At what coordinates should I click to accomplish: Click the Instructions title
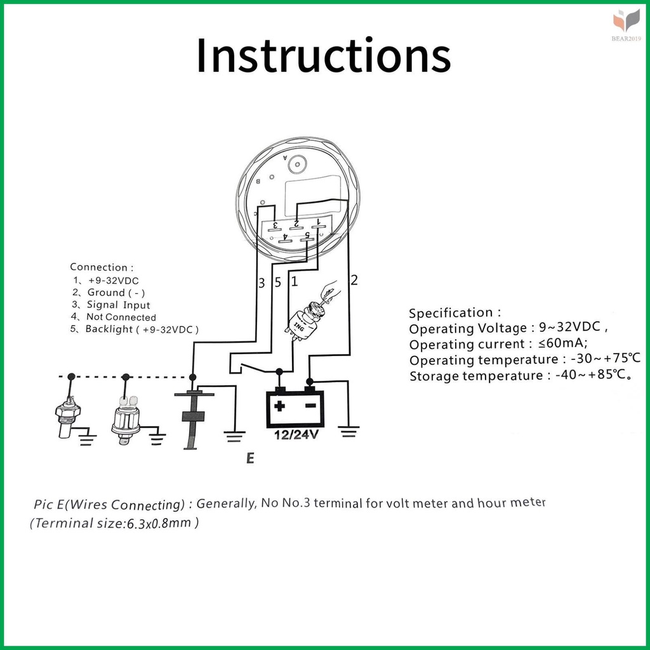click(323, 55)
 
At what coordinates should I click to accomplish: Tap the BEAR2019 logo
click(627, 25)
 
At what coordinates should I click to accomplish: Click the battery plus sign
click(280, 406)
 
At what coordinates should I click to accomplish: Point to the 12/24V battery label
click(296, 434)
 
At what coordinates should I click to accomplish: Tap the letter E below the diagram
click(250, 458)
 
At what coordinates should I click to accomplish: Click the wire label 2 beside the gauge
click(354, 280)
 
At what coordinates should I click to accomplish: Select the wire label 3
click(261, 283)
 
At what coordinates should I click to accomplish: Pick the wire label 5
click(278, 282)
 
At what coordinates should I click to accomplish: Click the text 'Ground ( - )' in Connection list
click(116, 293)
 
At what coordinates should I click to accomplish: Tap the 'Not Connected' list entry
click(121, 317)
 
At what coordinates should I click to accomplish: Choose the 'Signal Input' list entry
click(118, 305)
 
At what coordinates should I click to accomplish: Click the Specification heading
click(454, 312)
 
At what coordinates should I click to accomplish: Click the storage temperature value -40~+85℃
click(594, 375)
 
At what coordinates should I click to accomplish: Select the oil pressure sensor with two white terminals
click(126, 420)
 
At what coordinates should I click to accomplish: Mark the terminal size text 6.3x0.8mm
click(159, 523)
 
